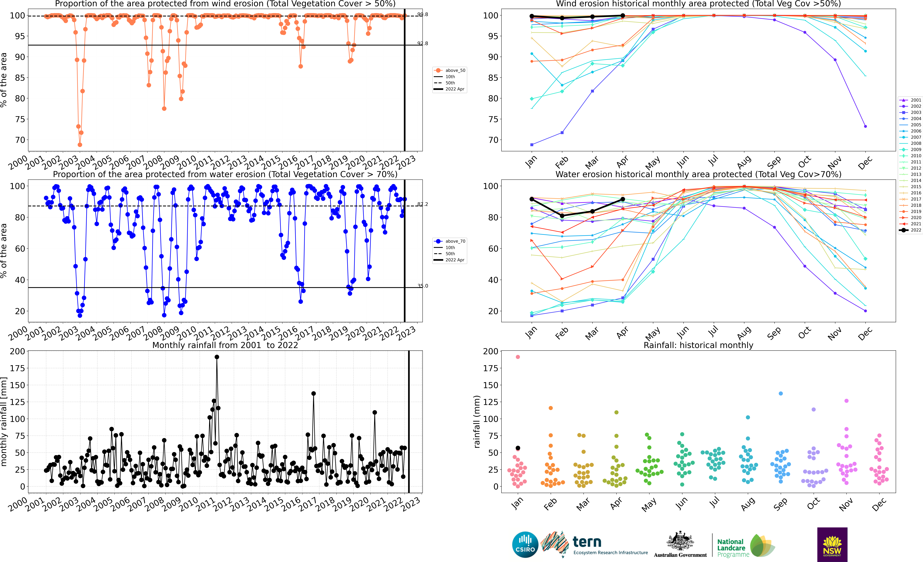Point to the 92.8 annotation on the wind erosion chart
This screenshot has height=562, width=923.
(423, 43)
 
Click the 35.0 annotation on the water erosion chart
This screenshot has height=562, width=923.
(423, 286)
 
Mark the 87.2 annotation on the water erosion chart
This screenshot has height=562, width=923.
(423, 204)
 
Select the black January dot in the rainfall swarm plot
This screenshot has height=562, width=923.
(518, 448)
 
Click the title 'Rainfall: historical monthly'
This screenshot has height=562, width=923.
(698, 345)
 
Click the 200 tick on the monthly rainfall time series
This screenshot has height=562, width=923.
(17, 351)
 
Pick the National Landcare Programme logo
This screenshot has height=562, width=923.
(745, 546)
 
